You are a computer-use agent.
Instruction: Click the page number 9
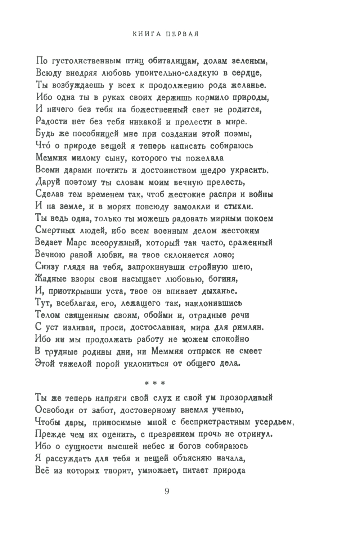[167, 491]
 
